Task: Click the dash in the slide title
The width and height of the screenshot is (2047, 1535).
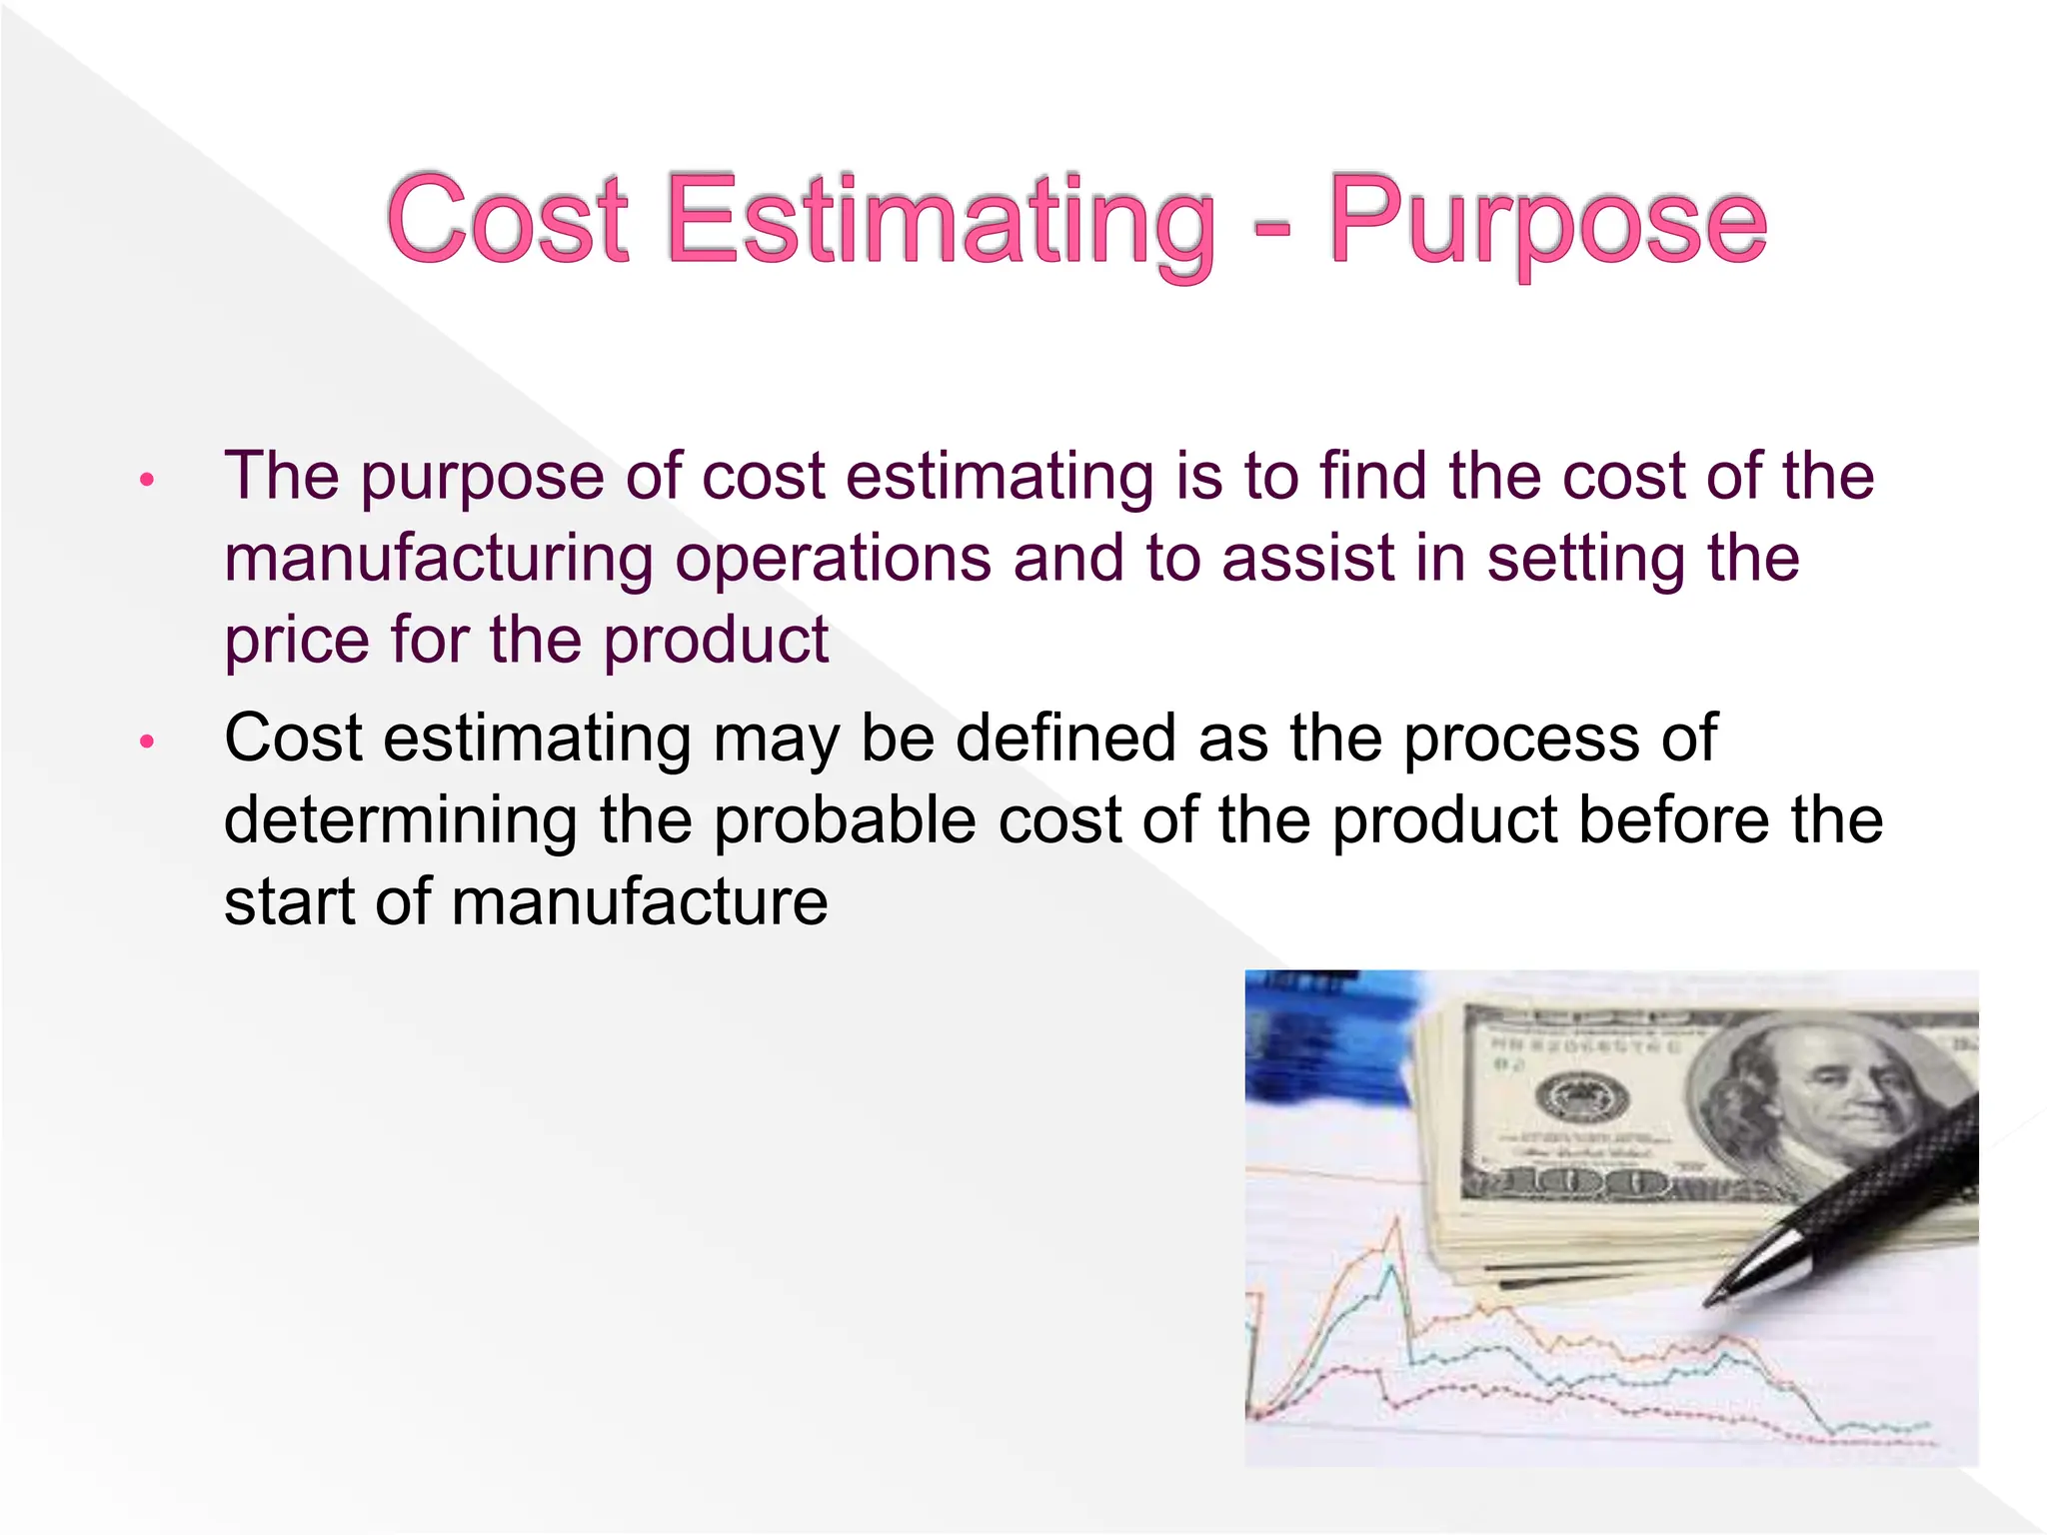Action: (x=1271, y=226)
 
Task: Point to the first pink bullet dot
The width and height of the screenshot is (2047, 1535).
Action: (x=147, y=480)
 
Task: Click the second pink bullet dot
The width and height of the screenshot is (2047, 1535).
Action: (x=147, y=742)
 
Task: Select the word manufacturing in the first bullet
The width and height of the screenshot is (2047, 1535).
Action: (x=438, y=558)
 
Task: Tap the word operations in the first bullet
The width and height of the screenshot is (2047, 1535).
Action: (x=833, y=560)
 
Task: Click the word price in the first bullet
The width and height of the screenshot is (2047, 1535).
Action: (x=296, y=642)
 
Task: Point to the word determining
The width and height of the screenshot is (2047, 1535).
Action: (x=400, y=821)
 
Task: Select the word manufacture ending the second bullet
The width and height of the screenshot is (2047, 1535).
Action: (x=640, y=903)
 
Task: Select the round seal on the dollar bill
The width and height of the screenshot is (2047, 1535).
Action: (x=1581, y=1097)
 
